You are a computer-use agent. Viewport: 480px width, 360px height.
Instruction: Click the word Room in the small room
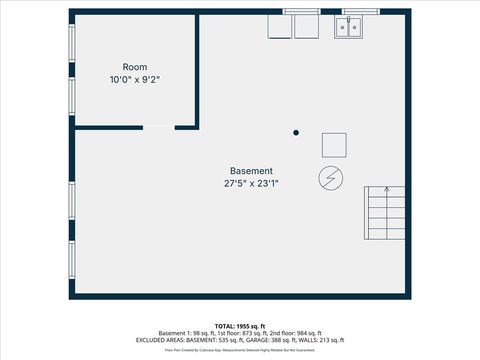click(x=136, y=67)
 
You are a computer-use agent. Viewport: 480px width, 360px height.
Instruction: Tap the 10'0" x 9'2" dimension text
click(x=136, y=79)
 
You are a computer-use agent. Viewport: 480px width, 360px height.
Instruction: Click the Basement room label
click(x=251, y=171)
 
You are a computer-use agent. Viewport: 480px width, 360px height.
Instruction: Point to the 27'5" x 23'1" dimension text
click(x=251, y=183)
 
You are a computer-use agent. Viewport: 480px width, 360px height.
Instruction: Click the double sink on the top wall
click(x=348, y=26)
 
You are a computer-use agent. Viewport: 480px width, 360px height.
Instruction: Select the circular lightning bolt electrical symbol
click(x=329, y=178)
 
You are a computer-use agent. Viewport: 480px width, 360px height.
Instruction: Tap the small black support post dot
click(x=296, y=132)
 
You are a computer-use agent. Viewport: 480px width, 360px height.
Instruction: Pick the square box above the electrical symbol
click(x=334, y=145)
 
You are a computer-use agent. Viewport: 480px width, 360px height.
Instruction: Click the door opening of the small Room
click(x=159, y=126)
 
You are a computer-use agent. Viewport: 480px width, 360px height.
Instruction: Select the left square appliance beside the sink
click(x=279, y=27)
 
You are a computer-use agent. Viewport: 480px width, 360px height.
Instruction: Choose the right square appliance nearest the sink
click(x=306, y=27)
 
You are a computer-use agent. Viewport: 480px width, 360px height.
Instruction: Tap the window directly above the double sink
click(x=361, y=11)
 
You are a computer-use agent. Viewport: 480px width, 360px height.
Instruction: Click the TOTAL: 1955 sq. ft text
click(x=239, y=326)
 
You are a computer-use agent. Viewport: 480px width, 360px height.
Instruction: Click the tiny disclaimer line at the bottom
click(x=239, y=350)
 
